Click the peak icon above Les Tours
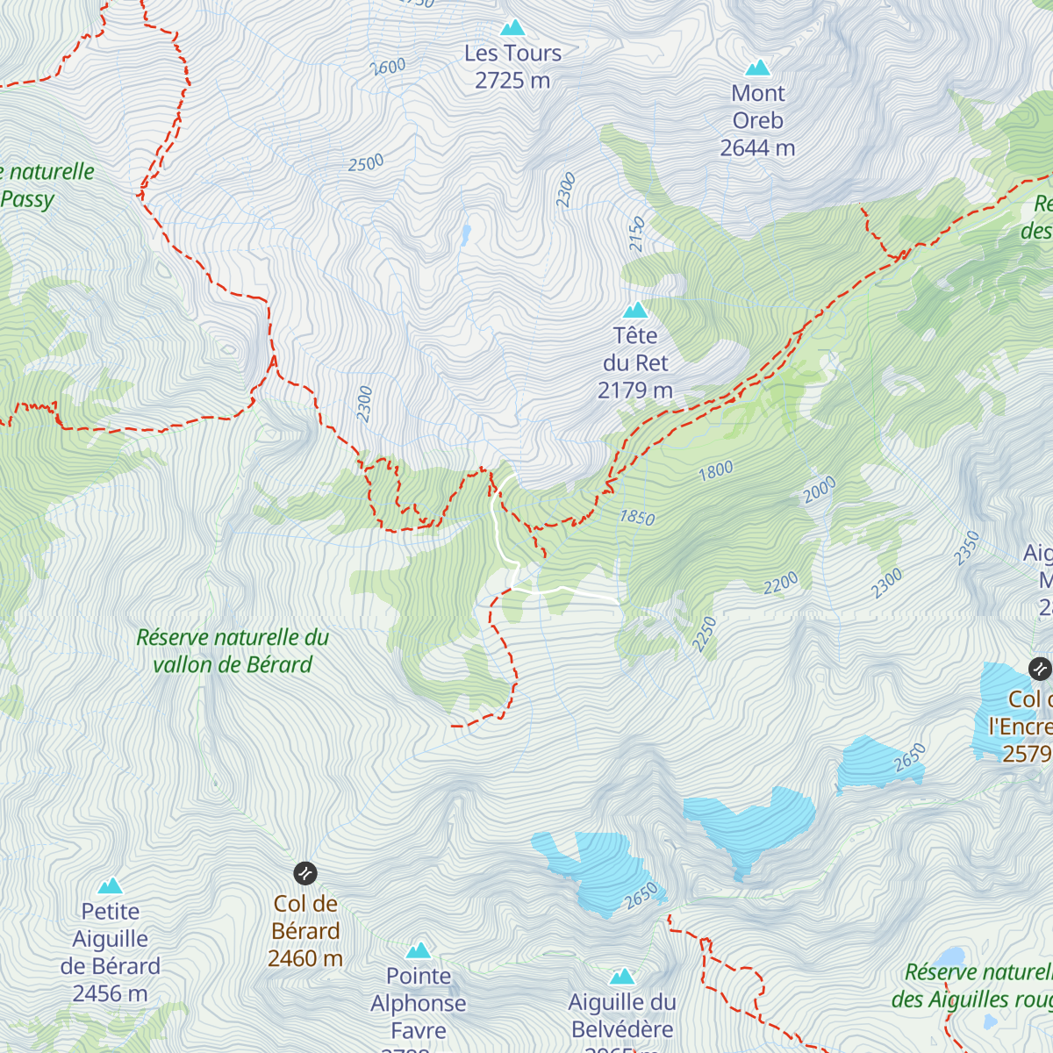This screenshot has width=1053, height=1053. (x=512, y=28)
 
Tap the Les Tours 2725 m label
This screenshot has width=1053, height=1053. (x=512, y=67)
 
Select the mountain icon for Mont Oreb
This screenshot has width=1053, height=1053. (x=757, y=68)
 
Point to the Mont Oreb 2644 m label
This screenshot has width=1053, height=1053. (x=757, y=120)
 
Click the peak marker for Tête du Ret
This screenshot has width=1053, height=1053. (x=635, y=310)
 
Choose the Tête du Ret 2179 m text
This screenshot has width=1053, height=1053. (x=635, y=362)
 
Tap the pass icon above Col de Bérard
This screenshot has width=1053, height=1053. (x=304, y=873)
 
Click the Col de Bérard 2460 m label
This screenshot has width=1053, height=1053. (x=305, y=931)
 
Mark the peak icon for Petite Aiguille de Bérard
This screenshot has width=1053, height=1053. (x=110, y=885)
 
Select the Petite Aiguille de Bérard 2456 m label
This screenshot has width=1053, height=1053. (x=111, y=953)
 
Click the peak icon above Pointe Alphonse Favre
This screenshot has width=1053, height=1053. (x=419, y=950)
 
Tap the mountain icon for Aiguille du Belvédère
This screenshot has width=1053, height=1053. (x=622, y=977)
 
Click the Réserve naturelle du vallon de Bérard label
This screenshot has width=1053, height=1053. (x=233, y=651)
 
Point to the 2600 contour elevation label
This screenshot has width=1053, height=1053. (x=388, y=67)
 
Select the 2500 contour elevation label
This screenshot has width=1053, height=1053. (x=366, y=163)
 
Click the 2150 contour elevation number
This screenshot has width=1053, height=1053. (x=637, y=234)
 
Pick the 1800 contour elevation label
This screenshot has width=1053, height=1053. (x=715, y=470)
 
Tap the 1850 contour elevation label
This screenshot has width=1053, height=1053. (x=637, y=517)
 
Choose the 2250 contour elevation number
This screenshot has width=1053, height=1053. (x=705, y=634)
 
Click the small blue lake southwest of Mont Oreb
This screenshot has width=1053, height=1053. (x=465, y=233)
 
